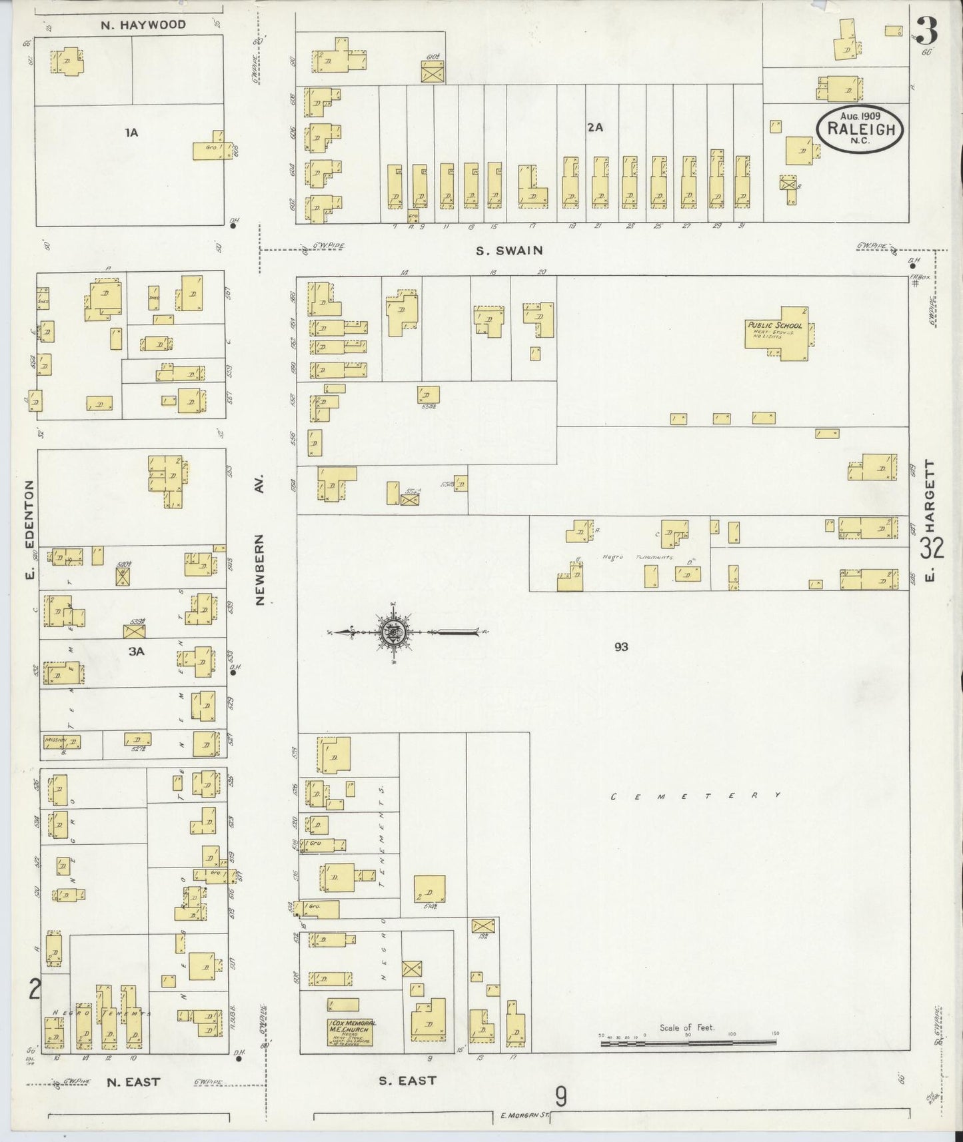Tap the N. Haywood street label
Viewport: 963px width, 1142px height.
143,25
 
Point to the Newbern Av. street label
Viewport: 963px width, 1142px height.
260,540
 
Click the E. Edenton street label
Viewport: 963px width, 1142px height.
29,530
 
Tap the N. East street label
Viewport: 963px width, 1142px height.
133,1081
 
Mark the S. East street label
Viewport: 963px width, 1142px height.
407,1080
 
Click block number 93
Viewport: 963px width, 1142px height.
620,646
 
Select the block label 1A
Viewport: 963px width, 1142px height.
131,133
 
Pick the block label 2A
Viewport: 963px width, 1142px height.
594,127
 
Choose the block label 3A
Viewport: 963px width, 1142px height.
136,652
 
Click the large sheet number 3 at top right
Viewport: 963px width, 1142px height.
927,31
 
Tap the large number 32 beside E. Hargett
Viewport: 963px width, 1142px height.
932,548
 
